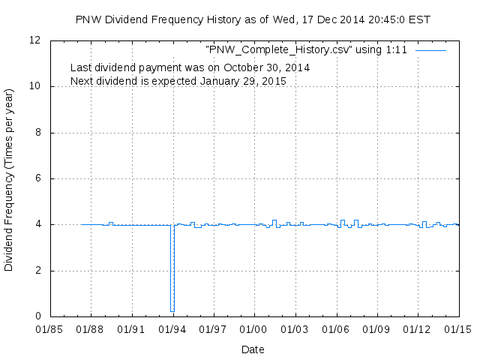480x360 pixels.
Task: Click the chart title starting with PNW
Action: click(x=253, y=19)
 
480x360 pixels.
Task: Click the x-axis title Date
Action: click(x=253, y=349)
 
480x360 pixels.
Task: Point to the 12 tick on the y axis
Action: click(x=35, y=40)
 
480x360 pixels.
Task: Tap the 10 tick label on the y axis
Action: click(x=35, y=86)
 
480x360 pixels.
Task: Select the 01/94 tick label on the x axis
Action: click(x=172, y=329)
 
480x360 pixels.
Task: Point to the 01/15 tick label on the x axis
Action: click(x=459, y=329)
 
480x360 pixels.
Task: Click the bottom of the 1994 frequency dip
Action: click(x=172, y=310)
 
